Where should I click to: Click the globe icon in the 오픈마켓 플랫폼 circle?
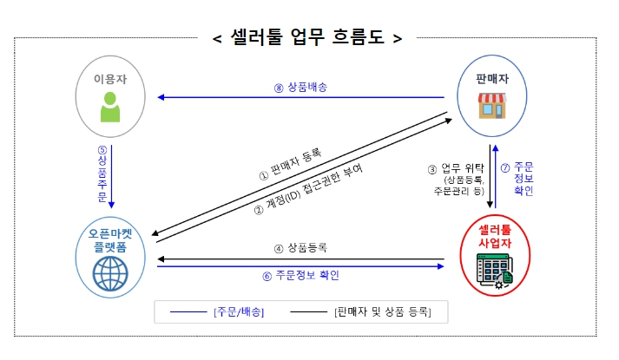(x=110, y=274)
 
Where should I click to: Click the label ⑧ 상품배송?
(x=300, y=87)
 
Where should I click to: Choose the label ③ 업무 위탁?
(x=455, y=168)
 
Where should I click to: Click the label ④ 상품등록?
(x=300, y=248)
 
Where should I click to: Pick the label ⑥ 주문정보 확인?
(x=300, y=276)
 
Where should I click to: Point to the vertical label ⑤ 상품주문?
(x=102, y=174)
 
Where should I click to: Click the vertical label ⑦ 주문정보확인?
(x=517, y=178)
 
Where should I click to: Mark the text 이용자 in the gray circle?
(x=110, y=79)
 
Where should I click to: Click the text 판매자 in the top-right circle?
(x=492, y=79)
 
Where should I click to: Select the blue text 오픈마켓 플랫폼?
(x=110, y=240)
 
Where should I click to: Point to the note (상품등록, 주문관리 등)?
(x=458, y=186)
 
